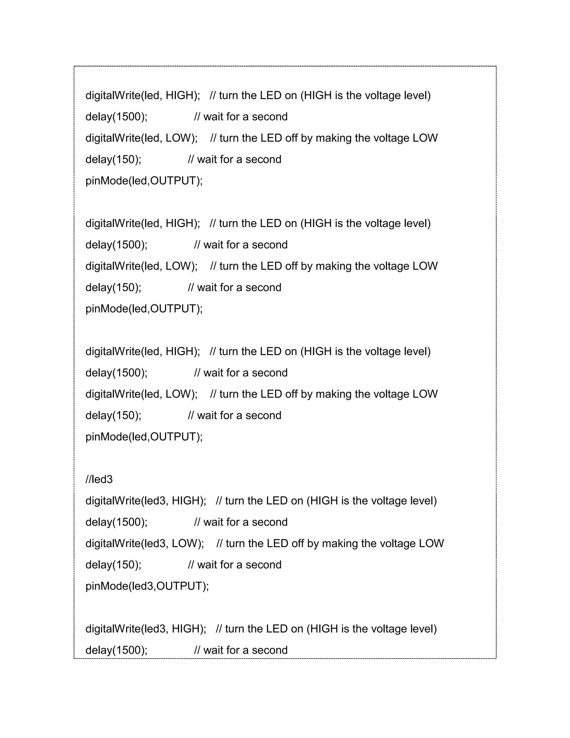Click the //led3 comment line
99,479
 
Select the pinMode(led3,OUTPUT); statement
147,586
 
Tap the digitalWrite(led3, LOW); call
144,543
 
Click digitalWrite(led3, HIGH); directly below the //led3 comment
146,500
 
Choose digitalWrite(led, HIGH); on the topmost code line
142,95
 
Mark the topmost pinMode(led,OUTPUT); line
144,181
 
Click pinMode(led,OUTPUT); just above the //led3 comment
144,437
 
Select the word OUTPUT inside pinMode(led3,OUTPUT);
179,586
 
